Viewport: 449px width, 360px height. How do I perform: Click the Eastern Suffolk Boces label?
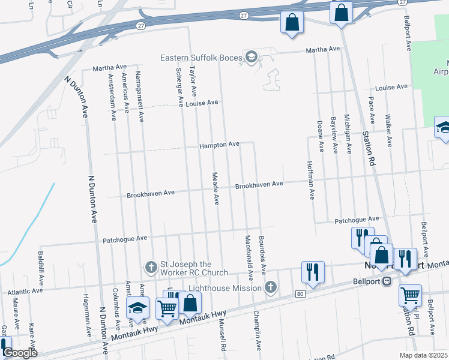(201, 58)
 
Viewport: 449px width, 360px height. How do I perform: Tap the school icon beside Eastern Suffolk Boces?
(252, 58)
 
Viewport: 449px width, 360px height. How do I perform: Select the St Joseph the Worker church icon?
(152, 265)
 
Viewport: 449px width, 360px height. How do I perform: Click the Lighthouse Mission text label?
(225, 288)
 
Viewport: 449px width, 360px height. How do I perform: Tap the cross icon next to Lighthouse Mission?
(270, 288)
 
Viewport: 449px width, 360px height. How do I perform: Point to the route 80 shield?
(300, 293)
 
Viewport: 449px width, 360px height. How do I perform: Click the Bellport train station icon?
(387, 281)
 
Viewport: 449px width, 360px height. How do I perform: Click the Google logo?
(20, 353)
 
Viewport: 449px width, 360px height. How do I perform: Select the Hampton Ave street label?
(220, 145)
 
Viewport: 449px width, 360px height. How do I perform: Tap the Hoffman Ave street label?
(311, 180)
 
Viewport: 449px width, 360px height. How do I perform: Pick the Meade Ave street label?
(214, 188)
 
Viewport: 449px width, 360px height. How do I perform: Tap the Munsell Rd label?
(223, 337)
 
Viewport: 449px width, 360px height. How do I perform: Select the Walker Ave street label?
(389, 130)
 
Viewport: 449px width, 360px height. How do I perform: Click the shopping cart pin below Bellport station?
(410, 295)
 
